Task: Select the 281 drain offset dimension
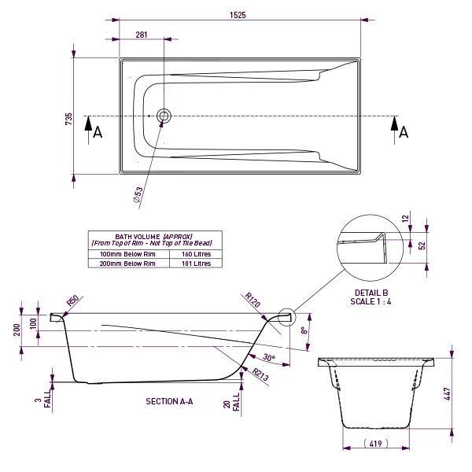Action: coord(142,34)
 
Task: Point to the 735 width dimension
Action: coord(69,119)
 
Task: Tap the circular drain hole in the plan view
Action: coord(164,116)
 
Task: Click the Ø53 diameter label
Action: coord(138,195)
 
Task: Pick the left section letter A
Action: coord(98,132)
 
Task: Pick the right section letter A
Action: coord(404,132)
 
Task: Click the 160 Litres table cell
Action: coord(197,255)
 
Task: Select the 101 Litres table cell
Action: coord(197,264)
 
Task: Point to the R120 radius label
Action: coord(252,299)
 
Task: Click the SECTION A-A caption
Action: coord(169,401)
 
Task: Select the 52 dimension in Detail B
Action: coord(422,245)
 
